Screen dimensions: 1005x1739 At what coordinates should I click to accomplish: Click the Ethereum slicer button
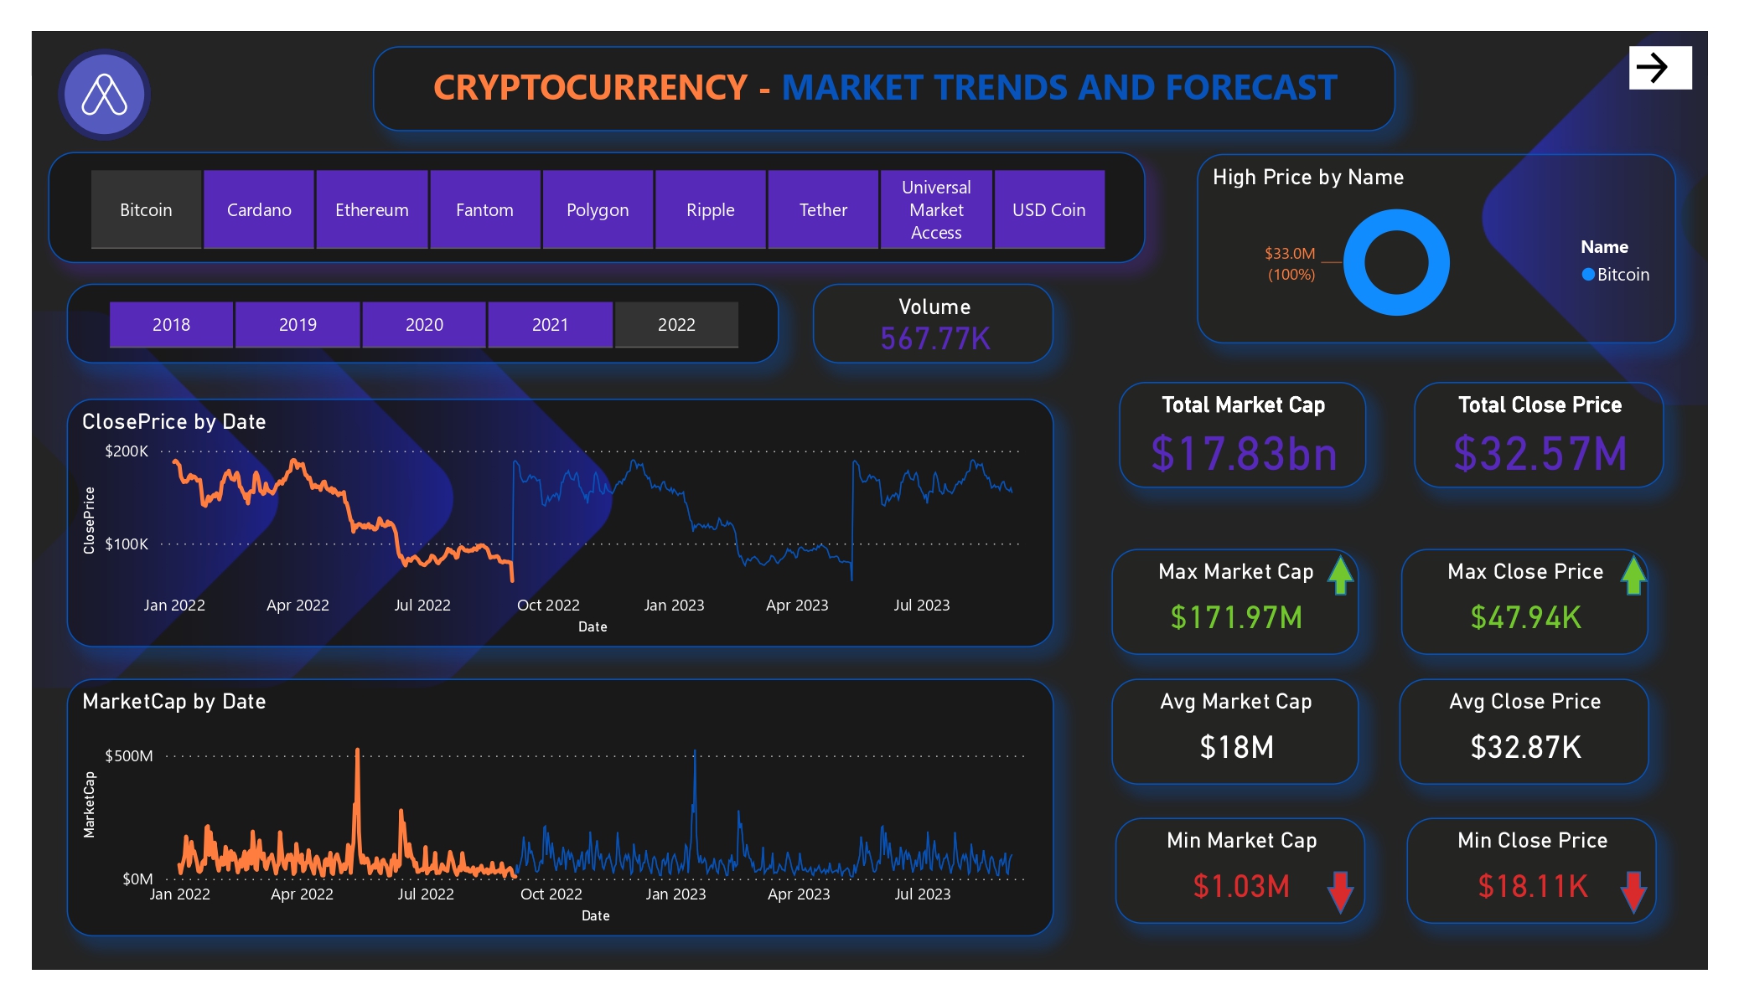click(x=371, y=209)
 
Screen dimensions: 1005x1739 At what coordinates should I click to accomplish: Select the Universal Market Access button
click(x=936, y=209)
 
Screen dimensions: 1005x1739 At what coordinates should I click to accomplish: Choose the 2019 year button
click(x=298, y=324)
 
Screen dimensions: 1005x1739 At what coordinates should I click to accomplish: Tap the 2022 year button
click(x=676, y=324)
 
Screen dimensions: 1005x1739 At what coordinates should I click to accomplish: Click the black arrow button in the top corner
click(x=1659, y=67)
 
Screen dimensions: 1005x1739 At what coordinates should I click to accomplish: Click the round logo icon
click(x=104, y=94)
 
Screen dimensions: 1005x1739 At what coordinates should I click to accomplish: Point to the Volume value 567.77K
click(x=934, y=339)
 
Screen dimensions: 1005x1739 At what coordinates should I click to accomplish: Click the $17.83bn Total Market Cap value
click(x=1244, y=454)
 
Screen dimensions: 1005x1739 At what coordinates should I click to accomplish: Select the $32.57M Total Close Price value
click(x=1540, y=454)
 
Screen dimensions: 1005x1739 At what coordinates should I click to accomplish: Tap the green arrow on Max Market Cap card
click(x=1341, y=575)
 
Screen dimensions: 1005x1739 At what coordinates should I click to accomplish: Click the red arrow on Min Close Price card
click(x=1633, y=891)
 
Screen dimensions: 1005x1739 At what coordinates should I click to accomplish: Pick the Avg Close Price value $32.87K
click(x=1525, y=747)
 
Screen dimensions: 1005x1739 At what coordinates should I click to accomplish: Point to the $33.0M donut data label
click(x=1290, y=254)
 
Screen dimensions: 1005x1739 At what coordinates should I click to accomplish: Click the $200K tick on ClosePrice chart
click(x=127, y=451)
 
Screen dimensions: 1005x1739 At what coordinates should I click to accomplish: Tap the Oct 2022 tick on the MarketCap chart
click(x=551, y=894)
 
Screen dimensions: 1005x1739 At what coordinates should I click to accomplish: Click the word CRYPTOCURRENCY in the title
click(x=590, y=88)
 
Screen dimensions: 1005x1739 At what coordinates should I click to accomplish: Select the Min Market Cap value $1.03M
click(x=1240, y=886)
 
